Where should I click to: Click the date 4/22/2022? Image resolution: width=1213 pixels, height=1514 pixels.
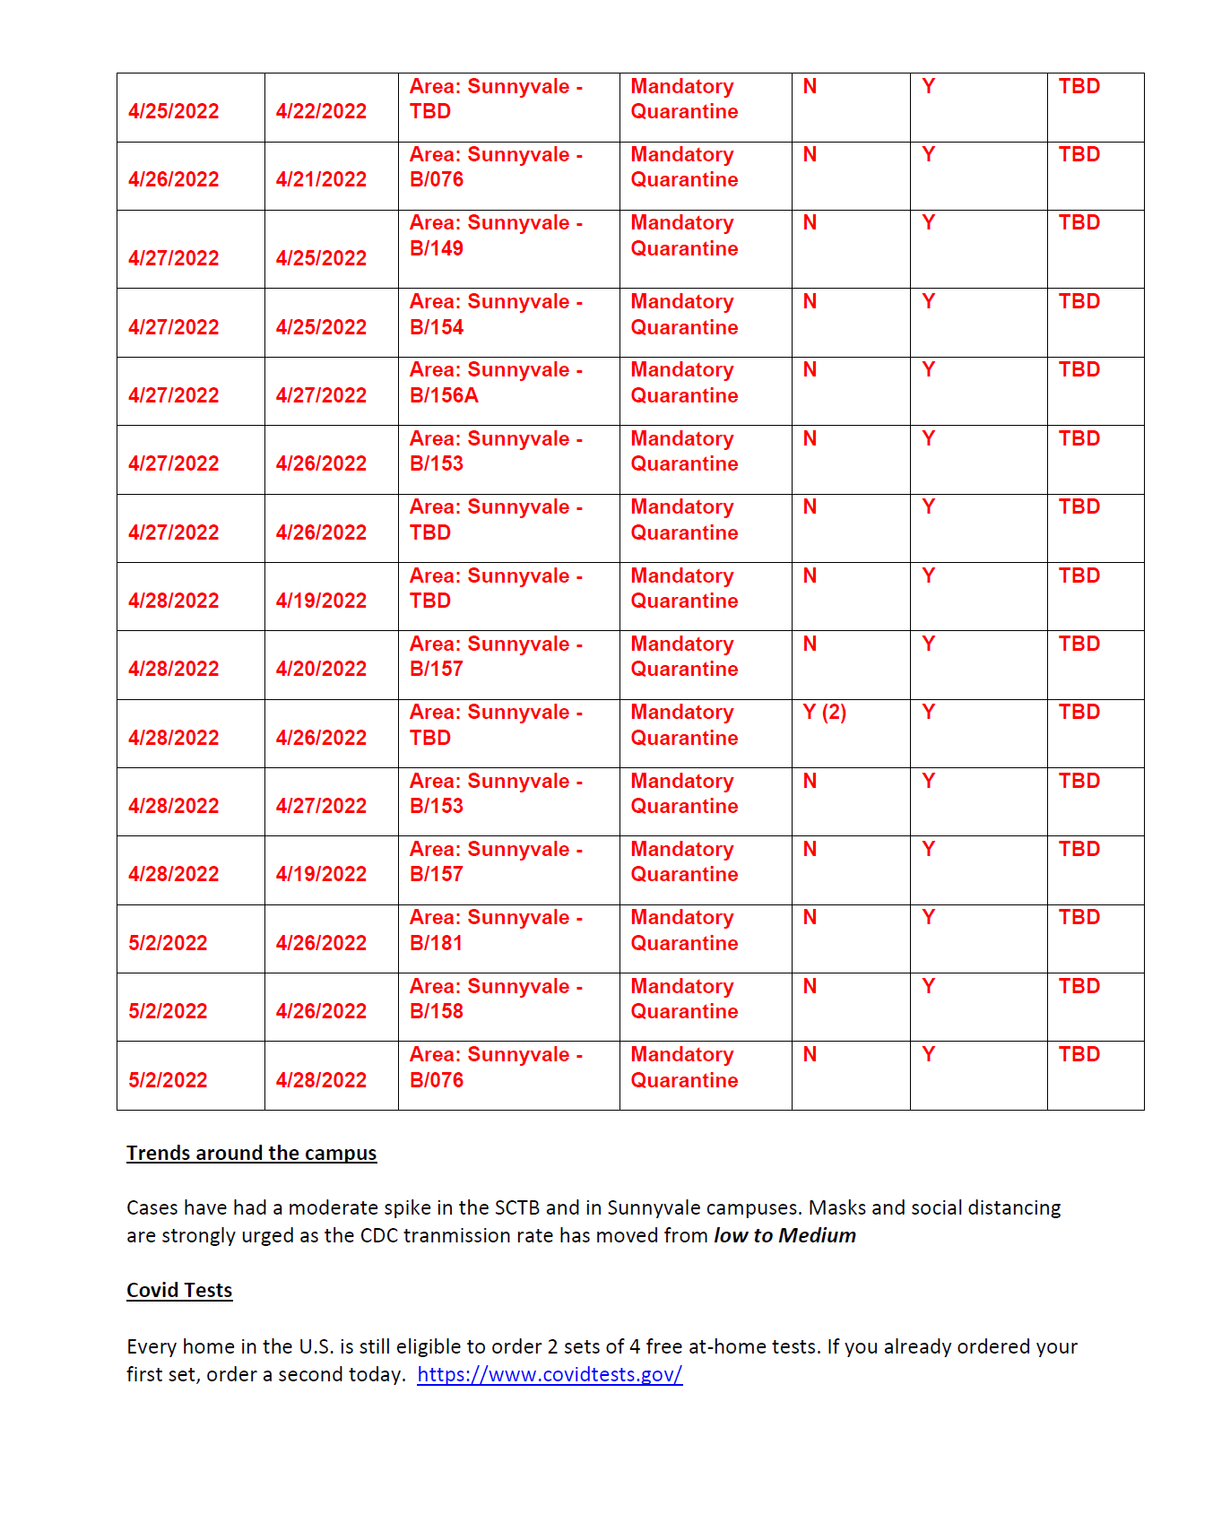[321, 112]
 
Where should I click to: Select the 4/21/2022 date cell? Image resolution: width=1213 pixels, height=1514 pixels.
[321, 180]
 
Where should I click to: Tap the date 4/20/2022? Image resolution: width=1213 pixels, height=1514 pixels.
[321, 670]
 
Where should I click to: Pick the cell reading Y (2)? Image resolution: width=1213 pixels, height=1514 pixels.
[824, 713]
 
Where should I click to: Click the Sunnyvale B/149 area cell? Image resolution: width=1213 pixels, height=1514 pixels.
[496, 236]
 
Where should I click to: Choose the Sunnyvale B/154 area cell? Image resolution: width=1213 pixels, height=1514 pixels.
[496, 315]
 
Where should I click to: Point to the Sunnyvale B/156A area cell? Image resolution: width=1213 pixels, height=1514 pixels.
[496, 383]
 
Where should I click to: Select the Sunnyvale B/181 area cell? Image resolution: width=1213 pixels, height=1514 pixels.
[496, 930]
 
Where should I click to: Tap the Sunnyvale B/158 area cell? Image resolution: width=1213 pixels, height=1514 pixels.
[496, 999]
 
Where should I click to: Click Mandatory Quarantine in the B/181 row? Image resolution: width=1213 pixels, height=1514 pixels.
[684, 930]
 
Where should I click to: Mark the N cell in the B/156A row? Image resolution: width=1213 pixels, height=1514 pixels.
[810, 370]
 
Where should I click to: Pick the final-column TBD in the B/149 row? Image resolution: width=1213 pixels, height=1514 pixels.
[1079, 223]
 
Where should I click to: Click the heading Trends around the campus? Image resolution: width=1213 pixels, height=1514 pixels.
[251, 1154]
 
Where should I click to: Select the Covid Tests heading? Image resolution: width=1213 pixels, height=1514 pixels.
[179, 1291]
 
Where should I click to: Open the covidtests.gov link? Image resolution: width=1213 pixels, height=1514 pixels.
[550, 1375]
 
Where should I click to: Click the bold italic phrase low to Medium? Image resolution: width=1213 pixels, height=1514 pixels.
[784, 1236]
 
